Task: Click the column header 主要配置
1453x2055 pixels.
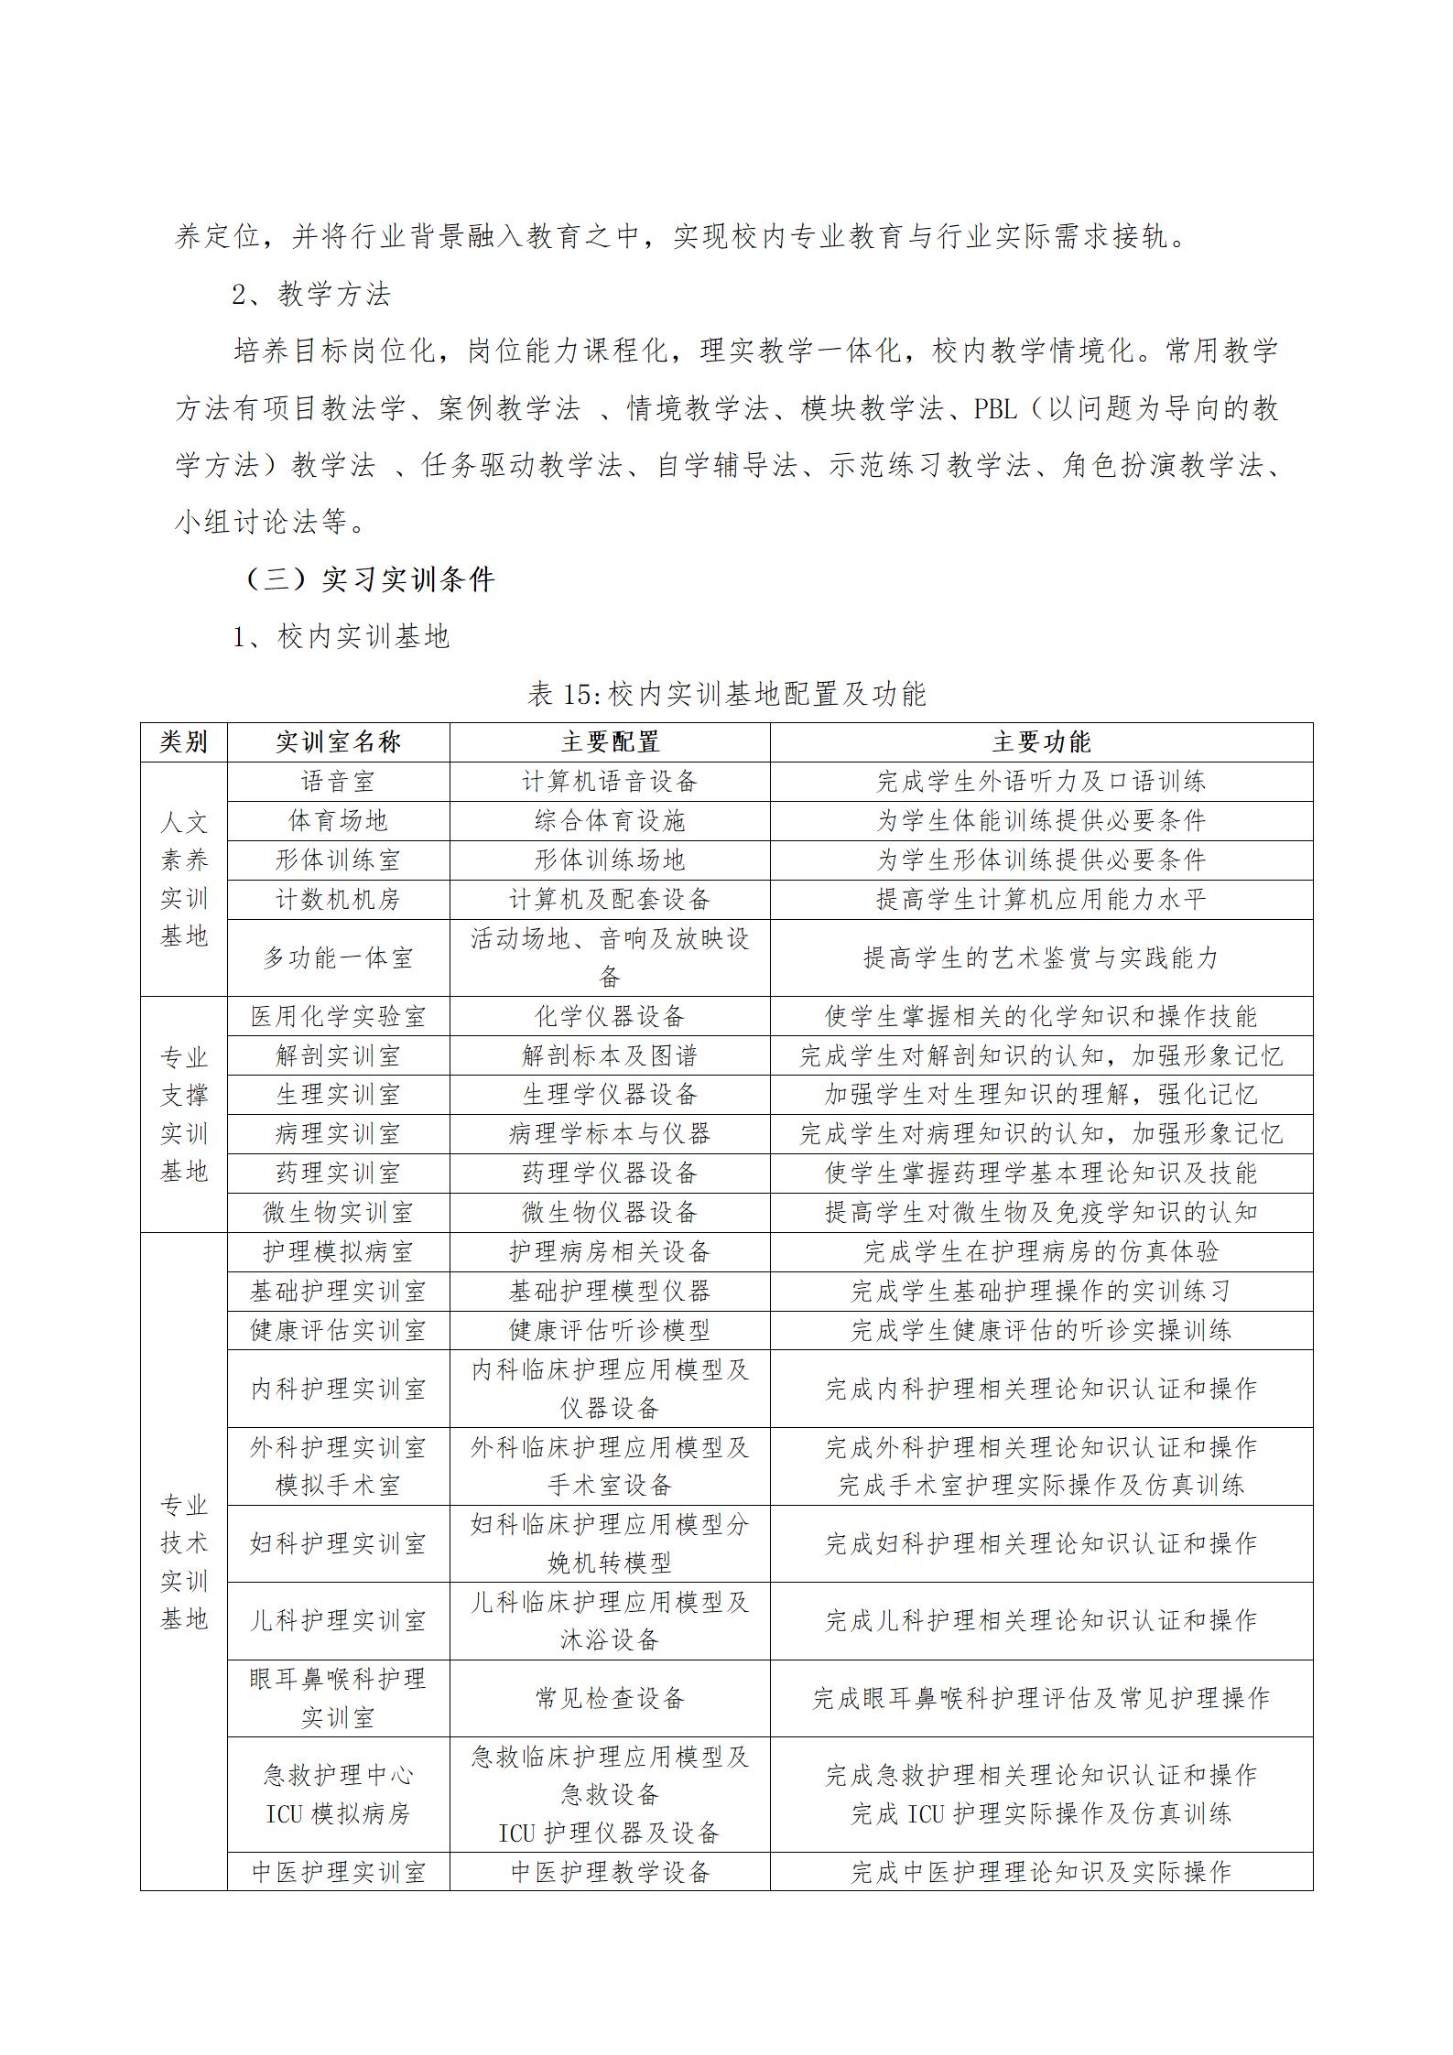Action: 610,742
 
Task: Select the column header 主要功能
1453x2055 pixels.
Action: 1041,742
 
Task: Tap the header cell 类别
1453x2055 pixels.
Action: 183,742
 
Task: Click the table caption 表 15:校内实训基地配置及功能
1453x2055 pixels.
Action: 727,694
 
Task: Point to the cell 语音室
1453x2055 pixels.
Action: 338,782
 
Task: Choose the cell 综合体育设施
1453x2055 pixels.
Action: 610,821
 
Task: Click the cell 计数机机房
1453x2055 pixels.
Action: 338,900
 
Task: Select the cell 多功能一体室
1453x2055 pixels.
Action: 338,958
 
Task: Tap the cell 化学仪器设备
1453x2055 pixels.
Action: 610,1017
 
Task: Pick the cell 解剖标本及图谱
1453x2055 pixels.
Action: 610,1056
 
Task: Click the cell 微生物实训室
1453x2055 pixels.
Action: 338,1213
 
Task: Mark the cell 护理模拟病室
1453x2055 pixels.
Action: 338,1252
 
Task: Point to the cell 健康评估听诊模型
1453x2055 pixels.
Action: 610,1330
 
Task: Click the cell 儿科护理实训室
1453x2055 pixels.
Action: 338,1621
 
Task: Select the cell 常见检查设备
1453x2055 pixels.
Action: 610,1699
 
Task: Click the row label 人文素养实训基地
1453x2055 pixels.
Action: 183,880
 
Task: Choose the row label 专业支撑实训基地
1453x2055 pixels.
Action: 183,1115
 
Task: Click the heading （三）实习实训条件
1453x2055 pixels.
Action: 371,579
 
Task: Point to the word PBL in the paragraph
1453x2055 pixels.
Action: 995,409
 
